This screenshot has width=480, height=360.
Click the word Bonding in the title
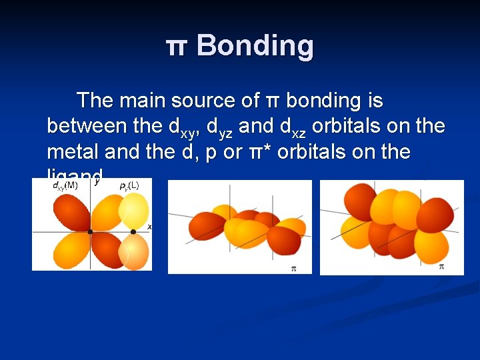pos(255,46)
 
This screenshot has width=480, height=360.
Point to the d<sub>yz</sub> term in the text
pos(219,127)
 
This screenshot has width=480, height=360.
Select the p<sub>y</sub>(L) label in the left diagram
pos(129,185)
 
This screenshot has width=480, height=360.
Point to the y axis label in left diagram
pos(97,181)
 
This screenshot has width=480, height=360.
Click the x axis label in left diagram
pos(149,227)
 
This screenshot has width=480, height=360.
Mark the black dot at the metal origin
pos(91,232)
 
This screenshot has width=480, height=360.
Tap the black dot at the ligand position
pos(133,232)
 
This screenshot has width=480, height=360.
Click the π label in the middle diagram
pos(293,268)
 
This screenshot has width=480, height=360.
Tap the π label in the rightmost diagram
pos(441,267)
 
